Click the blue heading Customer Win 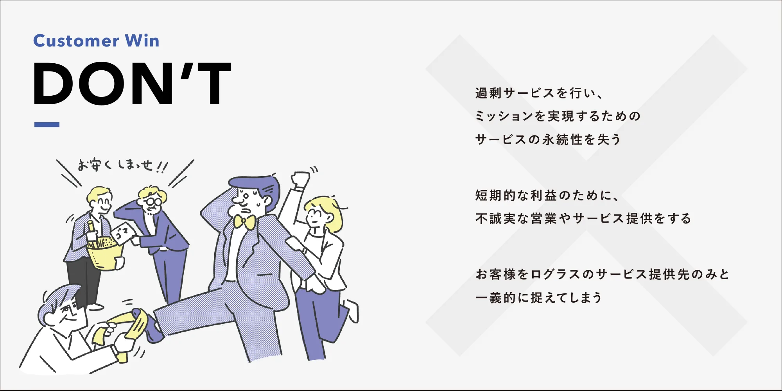[96, 41]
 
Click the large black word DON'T [132, 84]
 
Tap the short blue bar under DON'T [47, 125]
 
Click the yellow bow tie [244, 222]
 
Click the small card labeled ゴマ [123, 234]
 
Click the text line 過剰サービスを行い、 [540, 93]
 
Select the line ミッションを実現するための [558, 116]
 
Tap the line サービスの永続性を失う [548, 139]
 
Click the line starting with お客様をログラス [603, 274]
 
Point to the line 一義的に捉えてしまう [539, 298]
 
